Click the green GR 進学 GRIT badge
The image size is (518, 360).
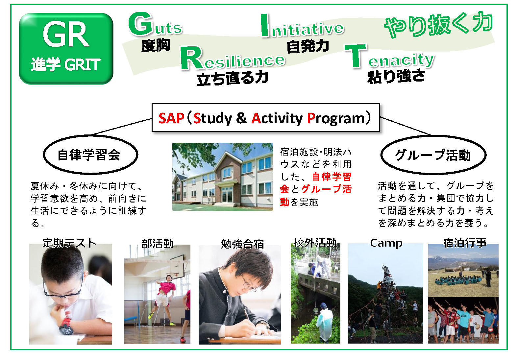pos(66,49)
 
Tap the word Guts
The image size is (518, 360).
pos(155,24)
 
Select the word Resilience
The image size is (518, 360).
pos(233,58)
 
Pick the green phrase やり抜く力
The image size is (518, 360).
pos(438,25)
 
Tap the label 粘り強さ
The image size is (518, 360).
pos(396,77)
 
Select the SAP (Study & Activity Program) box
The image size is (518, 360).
pos(266,118)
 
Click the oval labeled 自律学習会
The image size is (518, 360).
pos(90,155)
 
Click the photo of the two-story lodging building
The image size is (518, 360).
pos(222,177)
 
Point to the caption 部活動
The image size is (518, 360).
pos(158,244)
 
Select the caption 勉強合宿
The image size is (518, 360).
pos(242,244)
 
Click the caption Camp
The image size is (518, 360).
pos(386,243)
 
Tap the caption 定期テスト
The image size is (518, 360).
pos(69,243)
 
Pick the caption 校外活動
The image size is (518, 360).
pos(315,243)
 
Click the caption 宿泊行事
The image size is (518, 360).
pos(465,243)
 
